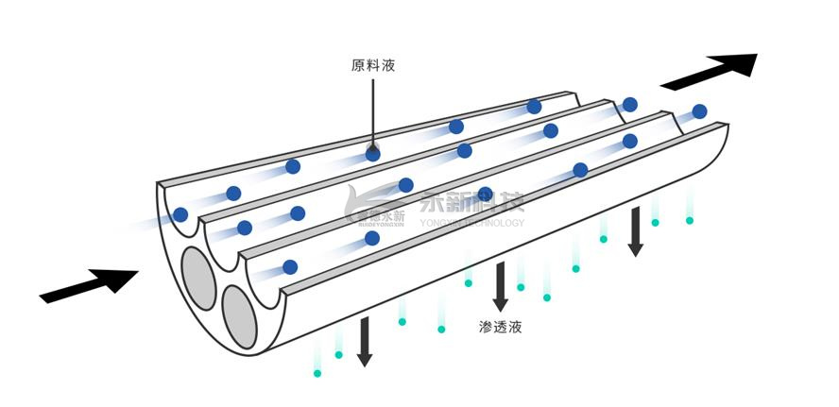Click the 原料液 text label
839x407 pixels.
(x=372, y=67)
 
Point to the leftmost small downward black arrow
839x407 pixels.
(x=364, y=343)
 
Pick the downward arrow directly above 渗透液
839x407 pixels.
(x=501, y=287)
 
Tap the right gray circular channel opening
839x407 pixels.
(x=239, y=314)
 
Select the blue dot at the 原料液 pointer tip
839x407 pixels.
(x=373, y=151)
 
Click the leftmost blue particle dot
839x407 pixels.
(x=180, y=215)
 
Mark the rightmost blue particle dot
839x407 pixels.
(x=699, y=111)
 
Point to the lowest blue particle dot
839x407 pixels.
(x=290, y=267)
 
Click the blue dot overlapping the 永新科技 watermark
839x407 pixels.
(x=486, y=195)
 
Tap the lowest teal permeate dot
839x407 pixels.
(x=317, y=373)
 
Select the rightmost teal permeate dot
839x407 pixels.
(x=690, y=221)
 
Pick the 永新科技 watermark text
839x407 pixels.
(x=471, y=203)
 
